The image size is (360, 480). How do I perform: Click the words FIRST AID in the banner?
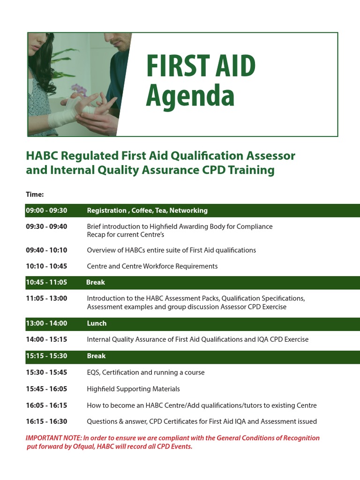click(201, 67)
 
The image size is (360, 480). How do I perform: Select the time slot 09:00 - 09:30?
click(46, 210)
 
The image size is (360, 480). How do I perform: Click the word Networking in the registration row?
click(188, 210)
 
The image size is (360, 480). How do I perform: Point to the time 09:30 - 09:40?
click(46, 226)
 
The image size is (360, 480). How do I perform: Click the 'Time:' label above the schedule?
click(35, 194)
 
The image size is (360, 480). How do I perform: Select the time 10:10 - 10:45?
click(46, 266)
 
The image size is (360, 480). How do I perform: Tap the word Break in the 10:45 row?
click(96, 282)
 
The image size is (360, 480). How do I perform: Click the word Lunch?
click(97, 323)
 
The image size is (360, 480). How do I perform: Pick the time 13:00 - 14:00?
click(46, 323)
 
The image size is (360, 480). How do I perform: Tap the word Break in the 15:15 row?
click(97, 356)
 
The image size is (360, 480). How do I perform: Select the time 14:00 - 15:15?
click(46, 339)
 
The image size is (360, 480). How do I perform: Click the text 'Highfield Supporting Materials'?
click(133, 389)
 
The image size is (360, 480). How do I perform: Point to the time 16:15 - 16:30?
click(46, 421)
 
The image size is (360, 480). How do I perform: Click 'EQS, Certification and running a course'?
click(146, 373)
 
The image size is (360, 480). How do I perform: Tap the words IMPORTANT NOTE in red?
click(53, 438)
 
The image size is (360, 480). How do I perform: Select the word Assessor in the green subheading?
click(272, 156)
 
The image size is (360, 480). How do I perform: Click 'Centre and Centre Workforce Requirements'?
click(152, 266)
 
